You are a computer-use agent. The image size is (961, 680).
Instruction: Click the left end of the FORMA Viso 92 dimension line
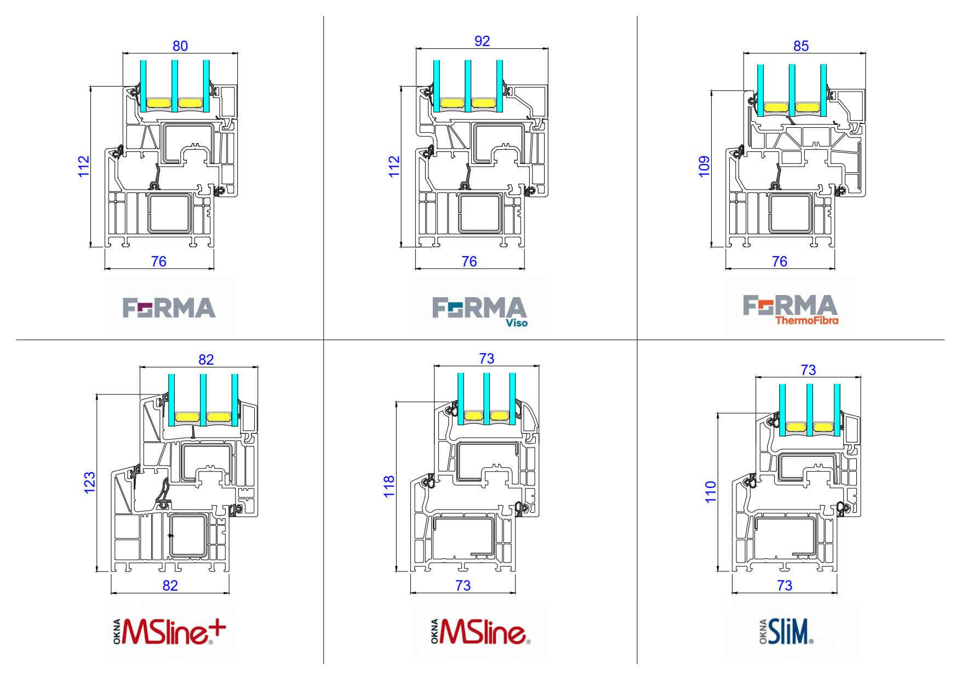pos(416,49)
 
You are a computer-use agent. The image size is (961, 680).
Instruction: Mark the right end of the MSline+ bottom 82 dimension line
pos(229,593)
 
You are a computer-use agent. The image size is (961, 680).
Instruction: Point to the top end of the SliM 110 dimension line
pos(717,413)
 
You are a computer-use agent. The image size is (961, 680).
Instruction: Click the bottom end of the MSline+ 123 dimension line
pos(96,571)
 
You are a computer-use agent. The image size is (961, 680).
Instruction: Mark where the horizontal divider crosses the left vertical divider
pos(323,339)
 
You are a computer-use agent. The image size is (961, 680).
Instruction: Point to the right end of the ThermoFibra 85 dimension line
pos(866,53)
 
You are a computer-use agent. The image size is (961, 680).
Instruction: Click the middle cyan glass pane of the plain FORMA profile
pos(175,86)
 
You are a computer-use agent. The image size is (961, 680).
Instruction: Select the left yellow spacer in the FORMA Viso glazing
pos(452,103)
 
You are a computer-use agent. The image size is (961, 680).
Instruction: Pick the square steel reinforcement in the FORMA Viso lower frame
pos(480,213)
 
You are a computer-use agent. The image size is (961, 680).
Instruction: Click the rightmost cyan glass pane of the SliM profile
pos(837,410)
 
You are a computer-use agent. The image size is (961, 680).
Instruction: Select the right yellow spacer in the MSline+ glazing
pos(219,417)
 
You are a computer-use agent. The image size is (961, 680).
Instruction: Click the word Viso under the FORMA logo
pos(517,323)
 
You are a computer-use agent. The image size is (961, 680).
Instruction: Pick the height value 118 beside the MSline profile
pos(388,486)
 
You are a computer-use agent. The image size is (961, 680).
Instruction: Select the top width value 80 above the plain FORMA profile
pos(180,46)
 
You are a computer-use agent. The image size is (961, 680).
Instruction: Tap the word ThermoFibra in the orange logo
pos(806,320)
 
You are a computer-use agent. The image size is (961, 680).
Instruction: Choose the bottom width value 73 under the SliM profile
pos(785,586)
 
